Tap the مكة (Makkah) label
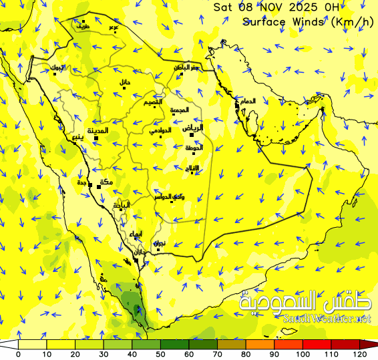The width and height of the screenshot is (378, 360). (106, 182)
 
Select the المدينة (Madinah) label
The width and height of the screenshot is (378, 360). (96, 131)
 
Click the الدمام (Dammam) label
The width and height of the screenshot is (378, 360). (247, 101)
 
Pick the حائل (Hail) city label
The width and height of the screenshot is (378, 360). (125, 81)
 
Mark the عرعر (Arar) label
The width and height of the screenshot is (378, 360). (114, 27)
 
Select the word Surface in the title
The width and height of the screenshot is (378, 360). (266, 21)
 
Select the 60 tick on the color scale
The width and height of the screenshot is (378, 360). (189, 354)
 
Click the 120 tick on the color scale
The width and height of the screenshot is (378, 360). (360, 354)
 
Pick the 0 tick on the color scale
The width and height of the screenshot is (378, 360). (18, 354)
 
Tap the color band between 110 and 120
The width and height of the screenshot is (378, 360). (346, 344)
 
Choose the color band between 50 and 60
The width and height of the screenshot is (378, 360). (175, 344)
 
